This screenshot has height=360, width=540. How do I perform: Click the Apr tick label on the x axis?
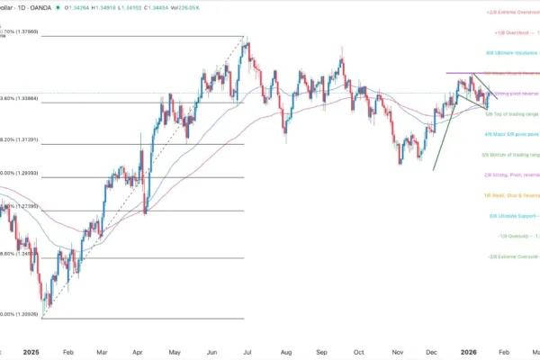(139, 354)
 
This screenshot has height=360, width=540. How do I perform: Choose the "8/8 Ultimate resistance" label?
(513, 54)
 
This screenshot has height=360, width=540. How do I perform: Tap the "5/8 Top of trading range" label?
(511, 114)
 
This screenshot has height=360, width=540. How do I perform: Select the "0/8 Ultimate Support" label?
(513, 216)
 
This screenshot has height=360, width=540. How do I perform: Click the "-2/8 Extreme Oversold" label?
(513, 256)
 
